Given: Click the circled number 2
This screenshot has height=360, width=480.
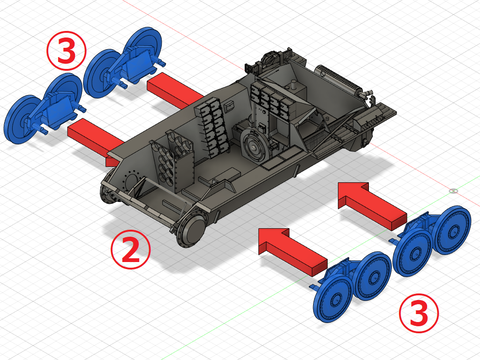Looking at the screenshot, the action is (131, 249).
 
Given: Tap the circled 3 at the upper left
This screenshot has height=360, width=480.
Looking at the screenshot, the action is (67, 51).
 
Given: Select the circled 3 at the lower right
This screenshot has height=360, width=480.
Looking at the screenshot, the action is (419, 313).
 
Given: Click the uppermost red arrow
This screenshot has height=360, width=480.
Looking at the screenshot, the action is (175, 90).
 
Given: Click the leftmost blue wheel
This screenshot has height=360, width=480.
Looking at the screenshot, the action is (22, 119).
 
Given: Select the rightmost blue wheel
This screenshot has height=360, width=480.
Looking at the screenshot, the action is (452, 230).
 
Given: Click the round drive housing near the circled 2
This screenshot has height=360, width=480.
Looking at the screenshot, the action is (191, 230).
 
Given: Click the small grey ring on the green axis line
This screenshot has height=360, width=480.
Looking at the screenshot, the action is (453, 191).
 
